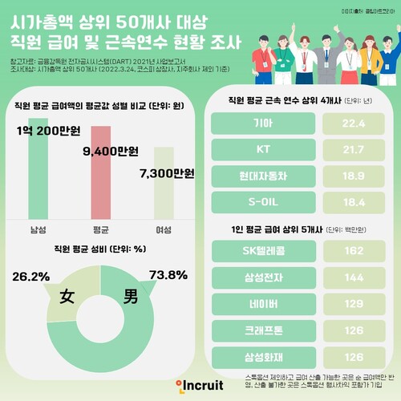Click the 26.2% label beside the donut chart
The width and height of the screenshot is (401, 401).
point(29,275)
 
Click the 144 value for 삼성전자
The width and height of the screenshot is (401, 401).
point(352,277)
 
